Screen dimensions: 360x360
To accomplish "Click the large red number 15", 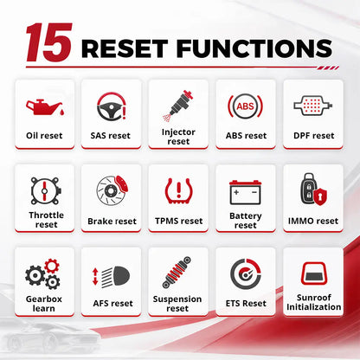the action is tap(48, 42).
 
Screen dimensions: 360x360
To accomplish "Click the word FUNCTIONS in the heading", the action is tap(254, 48).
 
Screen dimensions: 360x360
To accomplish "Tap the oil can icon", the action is tap(45, 107).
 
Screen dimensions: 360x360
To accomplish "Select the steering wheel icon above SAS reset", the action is tap(111, 106).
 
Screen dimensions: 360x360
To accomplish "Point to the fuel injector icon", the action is tap(178, 106).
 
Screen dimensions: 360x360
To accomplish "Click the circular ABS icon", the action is tap(246, 106).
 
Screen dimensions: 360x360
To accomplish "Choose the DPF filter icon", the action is tap(312, 106).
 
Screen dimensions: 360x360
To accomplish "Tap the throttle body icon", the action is tap(46, 191).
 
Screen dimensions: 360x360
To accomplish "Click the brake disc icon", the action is tap(112, 190).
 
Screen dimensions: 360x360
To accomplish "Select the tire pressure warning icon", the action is tap(179, 190).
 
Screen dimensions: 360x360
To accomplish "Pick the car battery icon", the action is tap(246, 192).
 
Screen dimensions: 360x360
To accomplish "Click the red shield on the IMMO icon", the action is tap(319, 196).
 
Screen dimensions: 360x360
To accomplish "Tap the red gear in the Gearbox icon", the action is tap(52, 266).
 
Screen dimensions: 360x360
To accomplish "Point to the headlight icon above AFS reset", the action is tap(112, 277).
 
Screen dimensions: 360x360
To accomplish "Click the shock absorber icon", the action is tap(177, 273).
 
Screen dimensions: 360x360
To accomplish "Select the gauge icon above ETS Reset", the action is tap(246, 274).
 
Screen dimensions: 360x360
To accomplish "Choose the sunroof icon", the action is tap(314, 273).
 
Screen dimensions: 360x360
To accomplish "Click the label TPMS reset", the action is tap(179, 221).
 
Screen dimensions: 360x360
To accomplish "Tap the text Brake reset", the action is tap(112, 222).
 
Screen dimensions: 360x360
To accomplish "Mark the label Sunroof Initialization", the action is tap(314, 302).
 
